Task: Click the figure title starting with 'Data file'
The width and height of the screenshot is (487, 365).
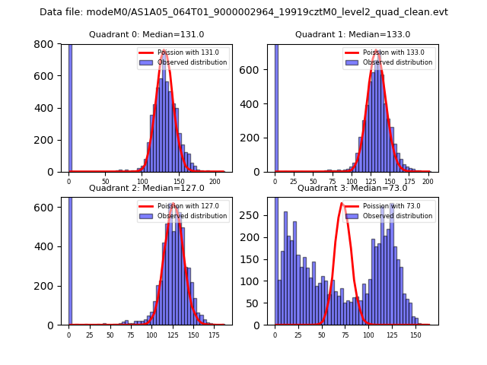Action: pyautogui.click(x=243, y=12)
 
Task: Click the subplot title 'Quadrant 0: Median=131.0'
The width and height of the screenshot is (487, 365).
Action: pyautogui.click(x=147, y=34)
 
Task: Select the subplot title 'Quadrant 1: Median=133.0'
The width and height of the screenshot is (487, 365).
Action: pyautogui.click(x=352, y=34)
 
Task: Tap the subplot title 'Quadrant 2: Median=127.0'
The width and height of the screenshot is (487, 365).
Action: pyautogui.click(x=147, y=188)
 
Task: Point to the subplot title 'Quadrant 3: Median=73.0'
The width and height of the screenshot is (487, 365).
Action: pyautogui.click(x=352, y=188)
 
